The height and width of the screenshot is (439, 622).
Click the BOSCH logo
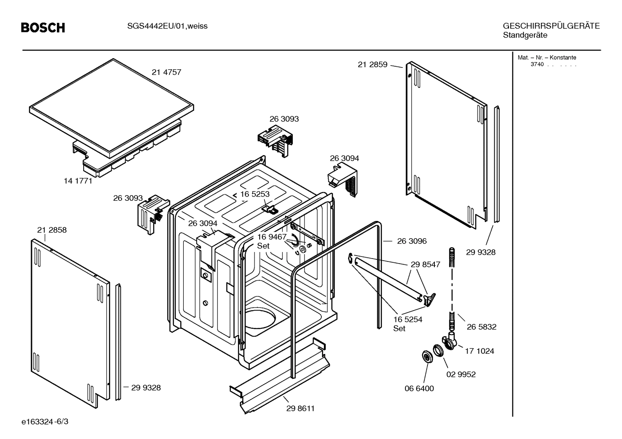43,28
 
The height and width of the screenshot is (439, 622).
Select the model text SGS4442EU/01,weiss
167,26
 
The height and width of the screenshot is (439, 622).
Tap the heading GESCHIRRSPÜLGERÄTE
551,26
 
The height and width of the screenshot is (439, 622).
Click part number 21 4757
166,72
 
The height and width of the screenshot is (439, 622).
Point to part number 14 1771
78,181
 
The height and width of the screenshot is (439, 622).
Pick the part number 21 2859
372,65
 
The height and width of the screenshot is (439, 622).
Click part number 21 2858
52,230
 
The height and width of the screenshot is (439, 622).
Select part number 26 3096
412,241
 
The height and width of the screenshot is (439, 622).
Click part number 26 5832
481,327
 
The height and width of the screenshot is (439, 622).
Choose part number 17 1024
479,351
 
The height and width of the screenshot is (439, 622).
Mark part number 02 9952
461,374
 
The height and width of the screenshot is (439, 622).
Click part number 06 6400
419,389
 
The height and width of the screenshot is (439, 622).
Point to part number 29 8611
300,408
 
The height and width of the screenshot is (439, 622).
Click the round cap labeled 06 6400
427,357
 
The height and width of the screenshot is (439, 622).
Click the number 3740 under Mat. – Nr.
537,65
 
